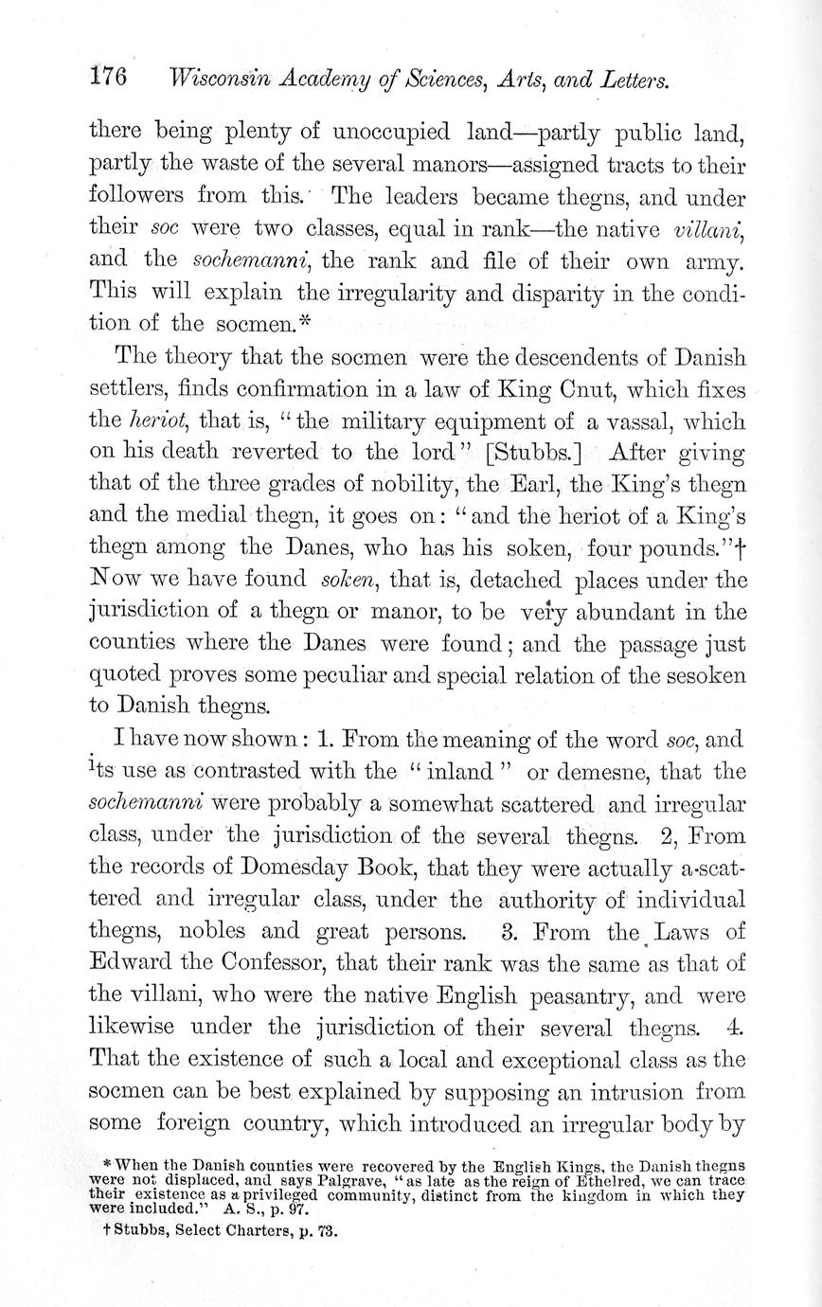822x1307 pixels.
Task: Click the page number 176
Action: pyautogui.click(x=108, y=78)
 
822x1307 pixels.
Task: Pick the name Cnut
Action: pyautogui.click(x=567, y=389)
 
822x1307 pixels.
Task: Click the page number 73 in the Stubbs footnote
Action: pyautogui.click(x=325, y=1232)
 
